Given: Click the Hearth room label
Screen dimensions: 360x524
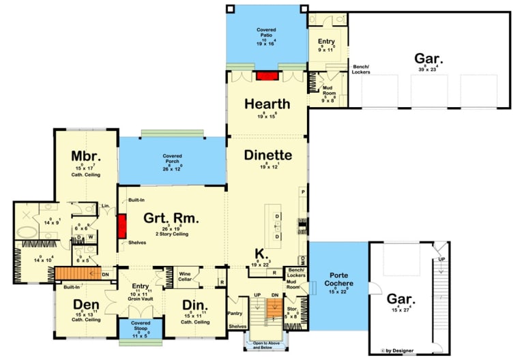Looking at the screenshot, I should pos(267,104).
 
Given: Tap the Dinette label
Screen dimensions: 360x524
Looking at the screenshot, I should pos(267,155).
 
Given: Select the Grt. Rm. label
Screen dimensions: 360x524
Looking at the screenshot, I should pos(171,218).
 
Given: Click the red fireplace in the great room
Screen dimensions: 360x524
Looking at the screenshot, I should pos(122,226).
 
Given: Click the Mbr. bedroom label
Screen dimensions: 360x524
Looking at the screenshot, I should pos(87,156).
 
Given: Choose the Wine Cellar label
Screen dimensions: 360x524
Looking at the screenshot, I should pos(184,275).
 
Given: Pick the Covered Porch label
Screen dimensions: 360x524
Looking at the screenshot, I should pos(172,159).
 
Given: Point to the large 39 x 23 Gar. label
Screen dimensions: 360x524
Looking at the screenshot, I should pos(428,58).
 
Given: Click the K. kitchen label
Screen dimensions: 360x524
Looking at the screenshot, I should pos(261,252).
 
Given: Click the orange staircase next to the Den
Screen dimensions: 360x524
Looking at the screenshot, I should pos(72,275).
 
